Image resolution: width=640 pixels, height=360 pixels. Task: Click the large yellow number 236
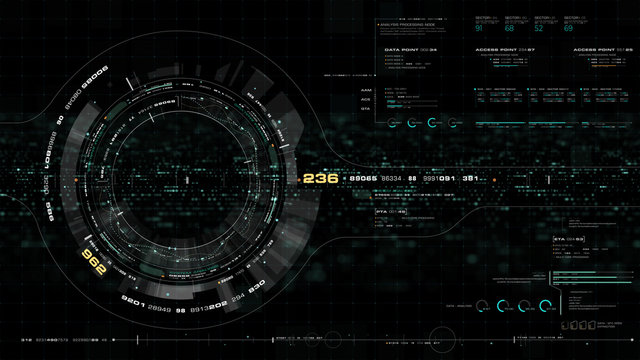[x=320, y=178]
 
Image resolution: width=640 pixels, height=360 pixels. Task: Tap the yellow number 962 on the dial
[x=94, y=263]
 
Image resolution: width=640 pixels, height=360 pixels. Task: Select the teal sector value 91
[x=480, y=28]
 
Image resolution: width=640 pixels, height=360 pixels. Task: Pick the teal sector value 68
[x=509, y=28]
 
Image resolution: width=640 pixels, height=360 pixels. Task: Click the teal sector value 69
[x=568, y=28]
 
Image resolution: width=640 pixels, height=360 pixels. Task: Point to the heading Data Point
[x=404, y=48]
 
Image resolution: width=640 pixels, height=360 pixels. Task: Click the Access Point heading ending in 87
[x=505, y=48]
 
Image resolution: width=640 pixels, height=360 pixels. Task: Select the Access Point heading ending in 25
[x=599, y=48]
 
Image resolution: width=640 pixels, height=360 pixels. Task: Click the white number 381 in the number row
[x=470, y=178]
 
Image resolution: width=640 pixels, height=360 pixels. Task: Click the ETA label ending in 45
[x=391, y=212]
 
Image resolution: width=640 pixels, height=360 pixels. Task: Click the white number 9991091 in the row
[x=439, y=178]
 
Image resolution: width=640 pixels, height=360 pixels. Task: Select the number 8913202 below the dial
[x=209, y=309]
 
